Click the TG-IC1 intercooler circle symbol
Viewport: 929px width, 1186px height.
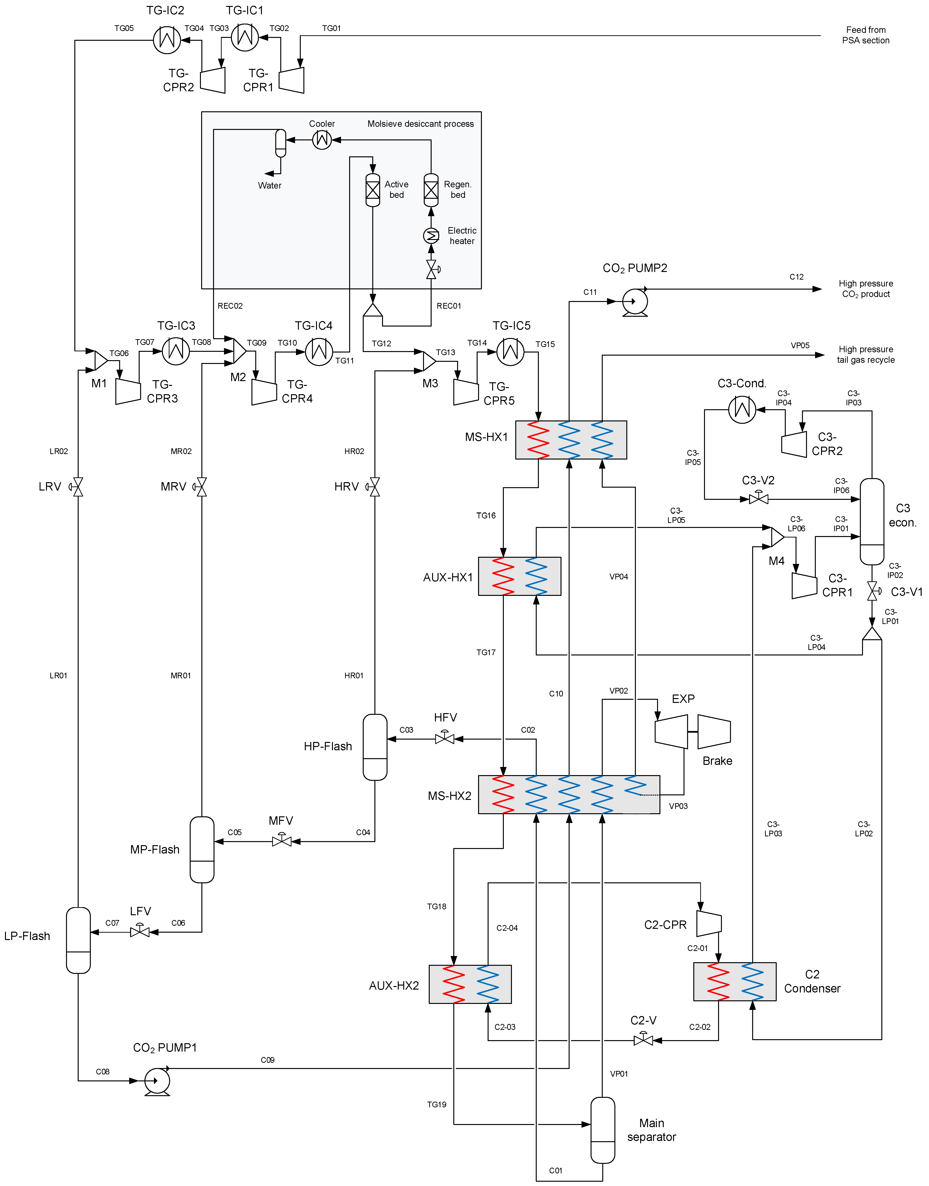coord(245,37)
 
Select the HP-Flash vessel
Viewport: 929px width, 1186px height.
coord(375,747)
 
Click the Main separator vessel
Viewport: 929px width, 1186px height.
coord(603,1130)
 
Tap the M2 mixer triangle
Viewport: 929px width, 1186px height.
coord(239,351)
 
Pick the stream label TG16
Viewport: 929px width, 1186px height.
coord(486,516)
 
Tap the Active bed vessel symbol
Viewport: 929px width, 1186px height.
coord(373,190)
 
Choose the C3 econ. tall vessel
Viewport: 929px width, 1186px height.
coord(872,522)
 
